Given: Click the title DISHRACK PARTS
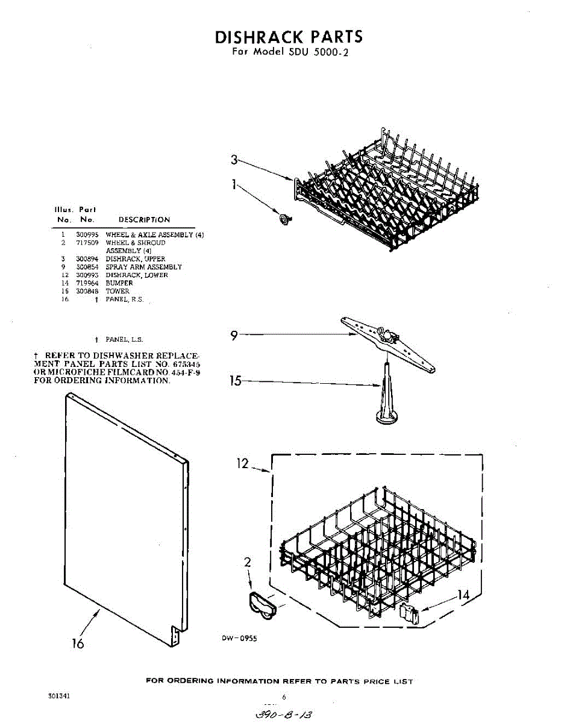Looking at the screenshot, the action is [289, 37].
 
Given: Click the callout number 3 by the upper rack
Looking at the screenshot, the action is [234, 160].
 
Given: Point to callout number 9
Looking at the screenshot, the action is [234, 336].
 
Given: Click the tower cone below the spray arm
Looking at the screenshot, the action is [385, 398].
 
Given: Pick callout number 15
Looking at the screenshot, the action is [237, 381].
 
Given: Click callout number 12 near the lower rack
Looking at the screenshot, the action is [242, 465].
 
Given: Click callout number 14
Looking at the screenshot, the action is [462, 595].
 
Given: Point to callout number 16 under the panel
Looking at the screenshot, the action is [77, 643].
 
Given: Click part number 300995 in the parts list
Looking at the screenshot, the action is [83, 234].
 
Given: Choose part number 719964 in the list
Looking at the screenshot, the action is [83, 283].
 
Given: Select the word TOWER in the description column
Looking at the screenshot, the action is [117, 291].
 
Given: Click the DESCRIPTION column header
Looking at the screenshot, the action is [144, 220].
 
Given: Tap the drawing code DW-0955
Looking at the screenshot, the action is [239, 639].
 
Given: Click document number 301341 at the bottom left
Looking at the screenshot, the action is [60, 696].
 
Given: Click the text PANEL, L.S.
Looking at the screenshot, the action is [124, 340].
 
